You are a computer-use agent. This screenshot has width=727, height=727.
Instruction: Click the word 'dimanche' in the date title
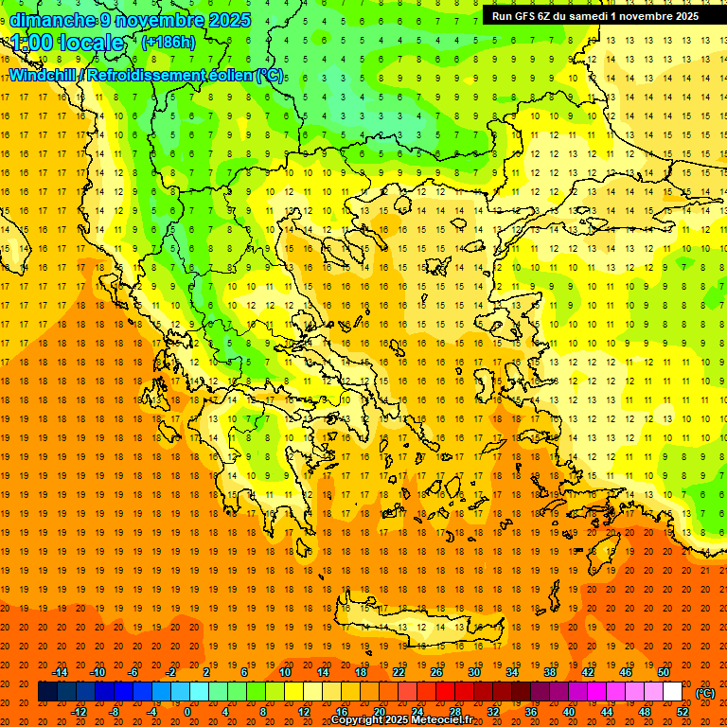[52, 20]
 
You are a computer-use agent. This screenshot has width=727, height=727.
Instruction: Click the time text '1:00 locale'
[68, 43]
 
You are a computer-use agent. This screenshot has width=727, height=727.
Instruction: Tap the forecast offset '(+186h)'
[168, 43]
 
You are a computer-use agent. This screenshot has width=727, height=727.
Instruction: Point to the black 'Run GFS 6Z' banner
[594, 15]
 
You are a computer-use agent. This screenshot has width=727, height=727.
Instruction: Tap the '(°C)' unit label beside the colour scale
[705, 693]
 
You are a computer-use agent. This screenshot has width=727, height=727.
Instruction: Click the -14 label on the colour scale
[60, 672]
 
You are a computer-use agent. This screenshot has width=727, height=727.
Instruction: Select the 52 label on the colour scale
[683, 712]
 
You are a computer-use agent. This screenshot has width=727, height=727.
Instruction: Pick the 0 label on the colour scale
[186, 712]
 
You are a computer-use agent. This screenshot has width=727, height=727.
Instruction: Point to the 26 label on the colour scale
[436, 672]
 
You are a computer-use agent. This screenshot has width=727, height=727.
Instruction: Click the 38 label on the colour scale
[549, 672]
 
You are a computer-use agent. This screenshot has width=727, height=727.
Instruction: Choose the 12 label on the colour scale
[304, 712]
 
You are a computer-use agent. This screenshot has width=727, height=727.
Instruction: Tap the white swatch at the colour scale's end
[673, 692]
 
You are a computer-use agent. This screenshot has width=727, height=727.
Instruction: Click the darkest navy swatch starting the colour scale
[47, 692]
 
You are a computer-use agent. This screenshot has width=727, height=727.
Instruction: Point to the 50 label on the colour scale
[664, 672]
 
